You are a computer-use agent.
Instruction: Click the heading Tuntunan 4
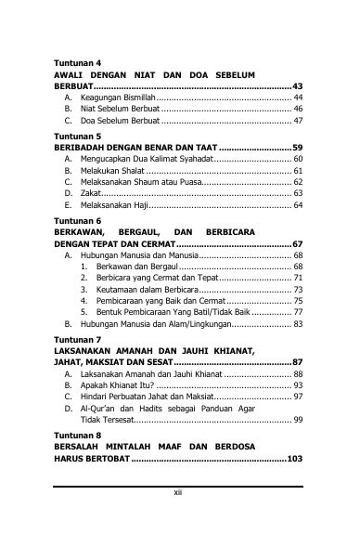(77, 62)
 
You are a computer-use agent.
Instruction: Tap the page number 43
(297, 85)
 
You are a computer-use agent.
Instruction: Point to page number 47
(298, 121)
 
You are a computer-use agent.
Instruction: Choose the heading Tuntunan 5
(77, 136)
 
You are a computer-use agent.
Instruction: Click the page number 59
(297, 148)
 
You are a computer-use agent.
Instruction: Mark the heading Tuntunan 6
(77, 221)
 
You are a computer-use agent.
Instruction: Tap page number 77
(298, 313)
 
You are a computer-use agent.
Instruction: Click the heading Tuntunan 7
(77, 340)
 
